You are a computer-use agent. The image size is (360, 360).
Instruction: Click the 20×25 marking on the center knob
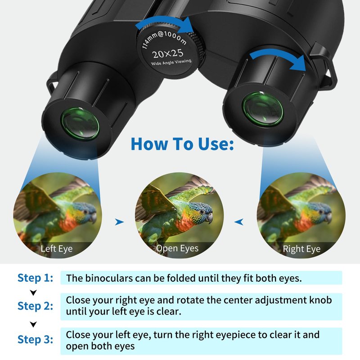(x=167, y=54)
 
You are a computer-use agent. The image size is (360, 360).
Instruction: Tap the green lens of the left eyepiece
(x=80, y=124)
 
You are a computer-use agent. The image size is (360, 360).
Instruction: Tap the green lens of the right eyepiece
(x=263, y=109)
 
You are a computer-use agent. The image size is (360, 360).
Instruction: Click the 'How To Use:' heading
(x=182, y=144)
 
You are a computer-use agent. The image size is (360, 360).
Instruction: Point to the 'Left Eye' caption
(x=57, y=249)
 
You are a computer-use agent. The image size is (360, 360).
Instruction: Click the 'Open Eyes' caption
(x=177, y=248)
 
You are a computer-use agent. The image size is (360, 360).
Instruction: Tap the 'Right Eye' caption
(x=301, y=249)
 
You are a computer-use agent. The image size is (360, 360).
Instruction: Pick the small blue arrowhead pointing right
(x=119, y=222)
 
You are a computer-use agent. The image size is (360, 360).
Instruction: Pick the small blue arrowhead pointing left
(x=239, y=222)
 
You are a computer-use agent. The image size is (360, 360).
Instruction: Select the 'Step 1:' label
(x=36, y=278)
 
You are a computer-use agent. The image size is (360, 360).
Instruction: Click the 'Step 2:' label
(x=36, y=306)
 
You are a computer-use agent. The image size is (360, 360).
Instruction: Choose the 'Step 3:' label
(x=36, y=339)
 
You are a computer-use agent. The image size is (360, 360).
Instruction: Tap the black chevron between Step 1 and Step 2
(x=33, y=292)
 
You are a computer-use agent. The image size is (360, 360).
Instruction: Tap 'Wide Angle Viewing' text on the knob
(x=171, y=62)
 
